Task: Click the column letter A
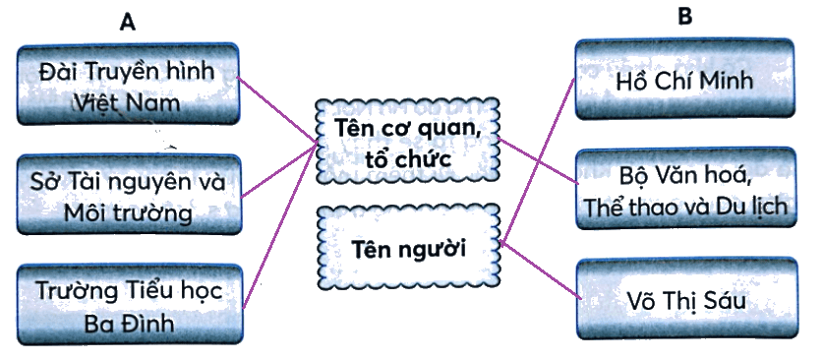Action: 127,23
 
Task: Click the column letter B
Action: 685,17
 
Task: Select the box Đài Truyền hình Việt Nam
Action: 128,85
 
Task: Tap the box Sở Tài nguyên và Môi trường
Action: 129,194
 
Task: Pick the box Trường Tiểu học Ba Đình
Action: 131,305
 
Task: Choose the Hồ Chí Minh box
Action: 685,80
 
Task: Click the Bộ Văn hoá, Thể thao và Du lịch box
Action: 686,189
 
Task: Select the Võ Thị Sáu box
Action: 687,299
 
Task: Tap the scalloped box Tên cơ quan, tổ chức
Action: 408,141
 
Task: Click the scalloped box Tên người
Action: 409,248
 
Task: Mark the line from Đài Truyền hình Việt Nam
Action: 277,109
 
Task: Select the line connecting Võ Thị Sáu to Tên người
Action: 541,270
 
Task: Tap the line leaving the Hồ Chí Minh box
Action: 538,160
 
